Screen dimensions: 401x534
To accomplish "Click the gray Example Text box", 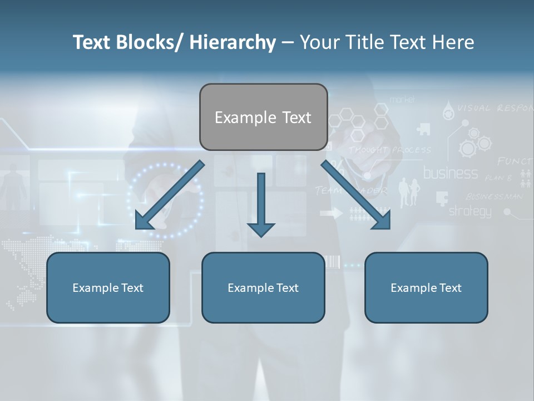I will (263, 117).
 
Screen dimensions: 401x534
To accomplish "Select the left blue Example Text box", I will (108, 287).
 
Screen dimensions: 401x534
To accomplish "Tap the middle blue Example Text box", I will (263, 287).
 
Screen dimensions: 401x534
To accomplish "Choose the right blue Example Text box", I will (426, 287).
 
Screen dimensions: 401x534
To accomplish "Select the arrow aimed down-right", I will (356, 195).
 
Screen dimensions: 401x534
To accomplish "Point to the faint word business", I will (451, 173).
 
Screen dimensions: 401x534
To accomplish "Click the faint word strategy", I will (470, 211).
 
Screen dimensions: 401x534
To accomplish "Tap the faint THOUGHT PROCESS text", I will (390, 150).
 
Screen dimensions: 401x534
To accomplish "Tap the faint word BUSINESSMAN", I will (495, 196).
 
